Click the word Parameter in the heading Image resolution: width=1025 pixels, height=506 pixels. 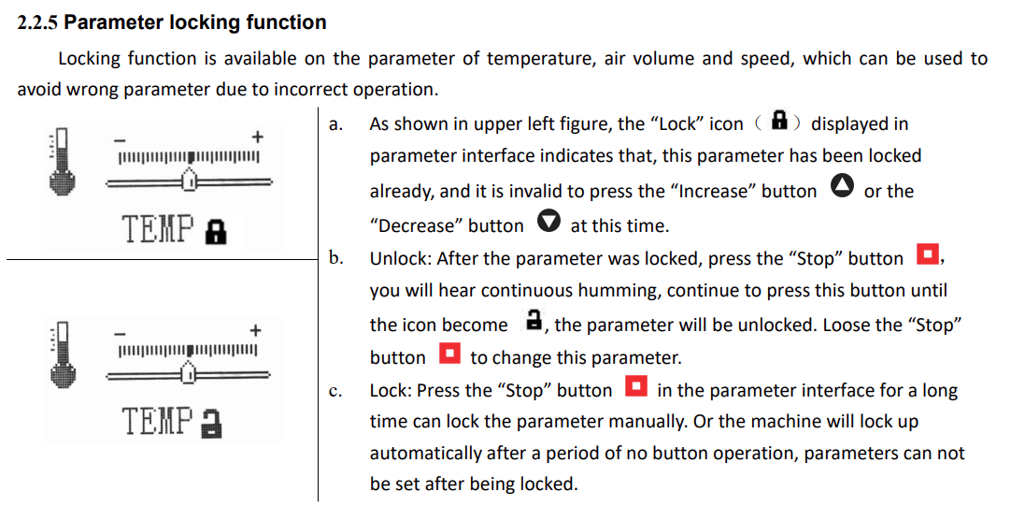[121, 22]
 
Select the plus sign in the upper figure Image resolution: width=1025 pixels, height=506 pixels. [257, 137]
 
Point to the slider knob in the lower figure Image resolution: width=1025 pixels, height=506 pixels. [189, 371]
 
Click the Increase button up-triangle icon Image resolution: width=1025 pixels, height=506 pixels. [841, 188]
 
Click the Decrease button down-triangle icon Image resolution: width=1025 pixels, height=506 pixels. [549, 223]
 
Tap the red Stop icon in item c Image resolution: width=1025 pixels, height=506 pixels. [636, 387]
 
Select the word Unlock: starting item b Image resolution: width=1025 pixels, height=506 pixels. [400, 258]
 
